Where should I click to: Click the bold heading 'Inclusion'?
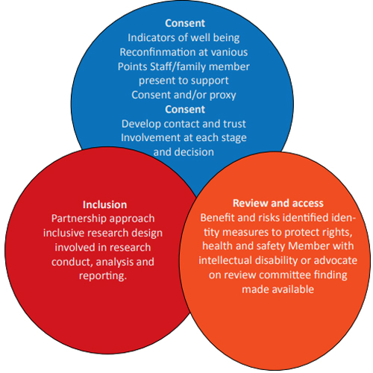104,204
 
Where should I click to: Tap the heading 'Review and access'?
278,203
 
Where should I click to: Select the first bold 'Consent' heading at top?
185,23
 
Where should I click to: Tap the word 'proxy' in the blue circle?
223,95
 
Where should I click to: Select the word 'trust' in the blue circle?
234,124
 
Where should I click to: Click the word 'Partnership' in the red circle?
79,219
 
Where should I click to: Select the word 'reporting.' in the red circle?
103,276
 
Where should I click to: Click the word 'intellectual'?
225,260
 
